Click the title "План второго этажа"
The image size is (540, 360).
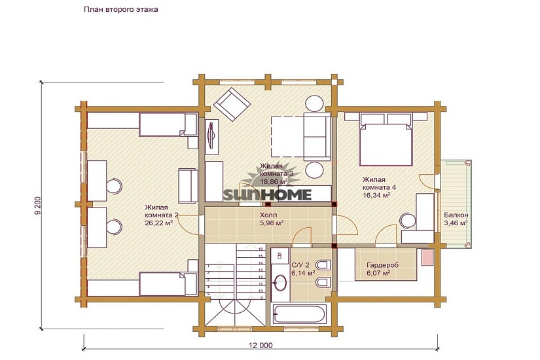121,9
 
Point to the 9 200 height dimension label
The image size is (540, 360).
38,206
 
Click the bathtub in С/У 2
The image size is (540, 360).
299,314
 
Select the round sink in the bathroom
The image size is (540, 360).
281,283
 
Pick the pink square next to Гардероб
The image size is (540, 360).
427,258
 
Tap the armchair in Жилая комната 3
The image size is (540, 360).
232,103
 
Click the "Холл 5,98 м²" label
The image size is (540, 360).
272,219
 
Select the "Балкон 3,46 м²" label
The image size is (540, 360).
456,219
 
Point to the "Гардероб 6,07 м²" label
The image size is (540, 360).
382,269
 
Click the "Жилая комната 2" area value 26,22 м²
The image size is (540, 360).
159,223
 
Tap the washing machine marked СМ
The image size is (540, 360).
279,255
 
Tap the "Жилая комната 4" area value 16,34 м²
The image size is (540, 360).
376,195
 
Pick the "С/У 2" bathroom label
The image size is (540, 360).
300,265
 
